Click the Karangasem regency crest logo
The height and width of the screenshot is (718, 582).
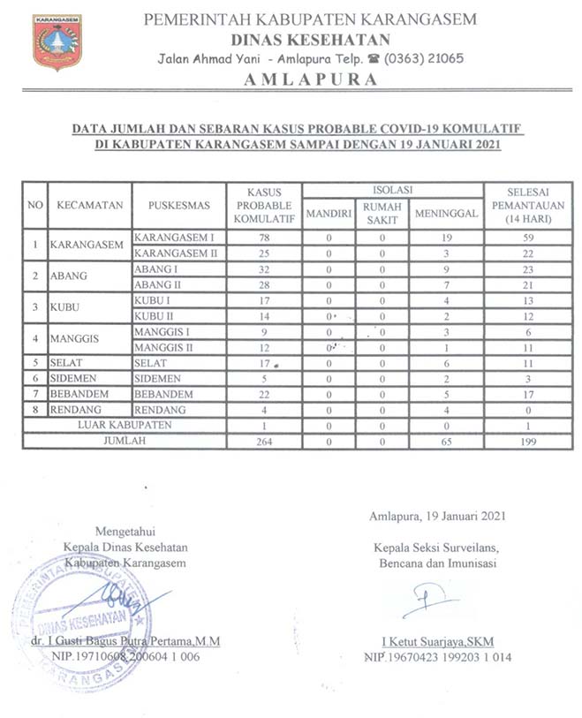57,42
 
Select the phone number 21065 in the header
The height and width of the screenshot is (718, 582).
434,58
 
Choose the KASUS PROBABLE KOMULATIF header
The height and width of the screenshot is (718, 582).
263,206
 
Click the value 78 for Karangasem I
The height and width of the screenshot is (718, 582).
263,238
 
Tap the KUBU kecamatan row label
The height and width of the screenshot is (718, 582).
69,307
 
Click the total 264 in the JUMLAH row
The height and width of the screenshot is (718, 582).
263,441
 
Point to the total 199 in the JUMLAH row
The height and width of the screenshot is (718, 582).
528,441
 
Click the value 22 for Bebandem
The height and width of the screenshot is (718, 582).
263,394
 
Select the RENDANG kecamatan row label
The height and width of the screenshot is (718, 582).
76,410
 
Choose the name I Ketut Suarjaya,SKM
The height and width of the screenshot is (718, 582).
436,641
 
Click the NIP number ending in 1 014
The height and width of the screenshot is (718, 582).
437,657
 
